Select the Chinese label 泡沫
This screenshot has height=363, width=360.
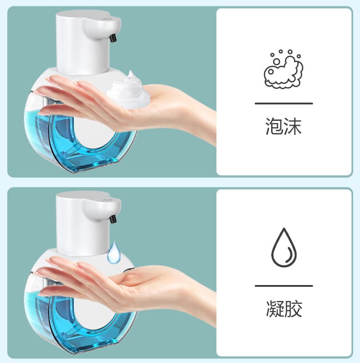[283, 126]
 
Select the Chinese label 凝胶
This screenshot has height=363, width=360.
[283, 309]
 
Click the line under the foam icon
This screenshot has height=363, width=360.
[283, 104]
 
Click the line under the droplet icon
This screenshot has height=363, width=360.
[283, 286]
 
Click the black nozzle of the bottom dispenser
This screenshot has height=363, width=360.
[113, 218]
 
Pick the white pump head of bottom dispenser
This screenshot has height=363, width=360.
[82, 219]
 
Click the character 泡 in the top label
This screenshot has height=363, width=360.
[274, 126]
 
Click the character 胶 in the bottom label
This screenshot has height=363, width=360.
[293, 309]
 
